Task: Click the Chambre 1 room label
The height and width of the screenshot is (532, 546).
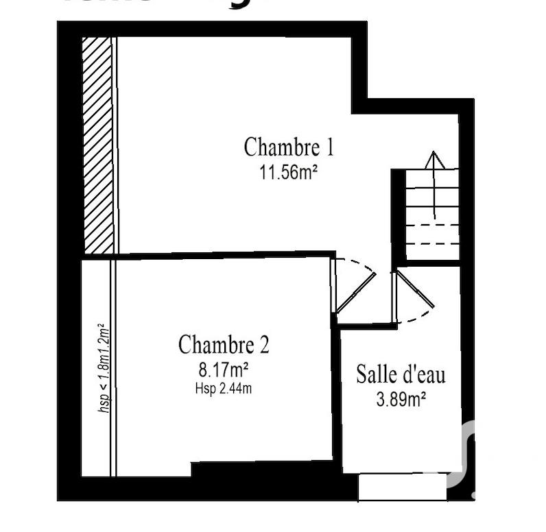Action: (289, 147)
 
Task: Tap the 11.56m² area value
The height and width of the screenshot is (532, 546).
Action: (288, 172)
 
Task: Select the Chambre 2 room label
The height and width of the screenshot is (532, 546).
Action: (224, 344)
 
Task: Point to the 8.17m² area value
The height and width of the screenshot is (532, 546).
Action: (224, 370)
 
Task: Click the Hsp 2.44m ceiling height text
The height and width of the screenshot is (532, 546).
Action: (224, 389)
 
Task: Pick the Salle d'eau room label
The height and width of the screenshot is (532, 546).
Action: (401, 374)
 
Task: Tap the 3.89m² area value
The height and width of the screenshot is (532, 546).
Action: (401, 400)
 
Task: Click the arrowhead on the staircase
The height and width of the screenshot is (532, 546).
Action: (434, 160)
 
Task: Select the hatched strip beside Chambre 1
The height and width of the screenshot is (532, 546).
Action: (97, 145)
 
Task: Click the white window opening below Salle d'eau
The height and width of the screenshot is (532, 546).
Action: (402, 487)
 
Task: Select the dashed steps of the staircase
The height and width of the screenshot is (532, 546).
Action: (432, 234)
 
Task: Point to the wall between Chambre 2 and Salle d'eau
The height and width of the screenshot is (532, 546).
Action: (336, 398)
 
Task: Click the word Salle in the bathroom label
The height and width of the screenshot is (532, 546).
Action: (375, 374)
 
